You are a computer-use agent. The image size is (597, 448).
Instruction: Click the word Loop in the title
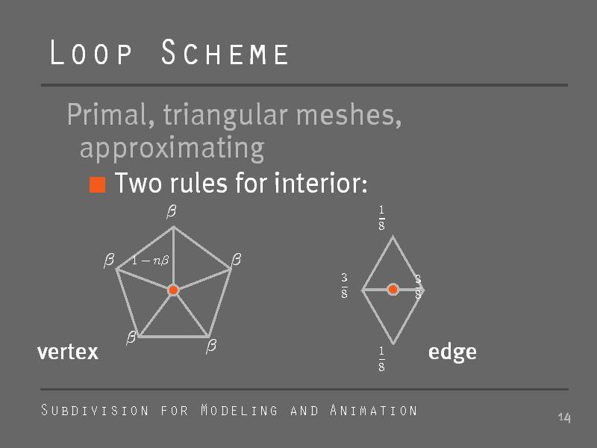[91, 52]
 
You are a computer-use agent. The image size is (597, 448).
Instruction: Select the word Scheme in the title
[225, 52]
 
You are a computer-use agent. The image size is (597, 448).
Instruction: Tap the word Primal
[110, 115]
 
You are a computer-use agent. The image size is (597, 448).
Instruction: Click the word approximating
[172, 148]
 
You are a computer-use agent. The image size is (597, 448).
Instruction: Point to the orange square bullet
[98, 184]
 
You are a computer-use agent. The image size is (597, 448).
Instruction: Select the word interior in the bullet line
[321, 183]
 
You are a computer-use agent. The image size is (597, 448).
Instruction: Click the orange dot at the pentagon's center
[173, 290]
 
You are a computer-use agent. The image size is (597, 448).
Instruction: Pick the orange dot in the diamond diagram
[393, 290]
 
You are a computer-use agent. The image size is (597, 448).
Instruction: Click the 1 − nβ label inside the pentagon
[150, 261]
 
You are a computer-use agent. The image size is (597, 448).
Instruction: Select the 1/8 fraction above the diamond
[381, 218]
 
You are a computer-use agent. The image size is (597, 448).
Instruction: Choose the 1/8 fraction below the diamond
[381, 358]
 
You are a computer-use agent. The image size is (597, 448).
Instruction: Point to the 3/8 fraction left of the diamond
[344, 285]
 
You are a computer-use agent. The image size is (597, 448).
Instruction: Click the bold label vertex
[68, 352]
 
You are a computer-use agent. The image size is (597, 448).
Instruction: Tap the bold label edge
[452, 352]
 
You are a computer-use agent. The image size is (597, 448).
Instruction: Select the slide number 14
[564, 418]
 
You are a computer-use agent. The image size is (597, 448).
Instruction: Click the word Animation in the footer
[374, 410]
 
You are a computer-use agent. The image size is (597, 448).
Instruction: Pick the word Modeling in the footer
[239, 410]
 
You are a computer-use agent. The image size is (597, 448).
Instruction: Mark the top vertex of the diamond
[393, 237]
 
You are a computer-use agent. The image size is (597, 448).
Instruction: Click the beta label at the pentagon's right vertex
[237, 259]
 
